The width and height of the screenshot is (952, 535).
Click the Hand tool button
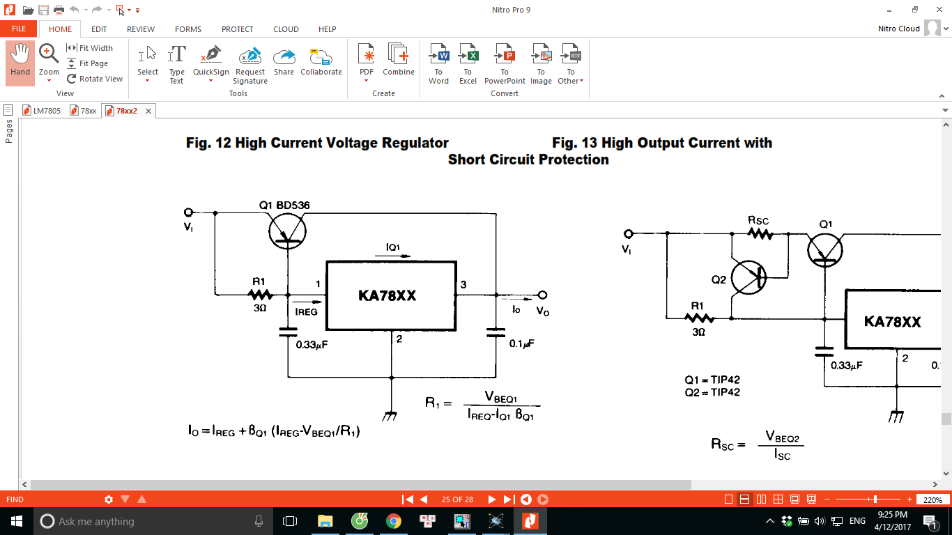[x=20, y=63]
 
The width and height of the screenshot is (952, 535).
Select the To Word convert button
[x=438, y=64]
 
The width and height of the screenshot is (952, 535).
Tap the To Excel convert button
[x=468, y=64]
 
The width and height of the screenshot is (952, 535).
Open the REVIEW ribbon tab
[x=141, y=29]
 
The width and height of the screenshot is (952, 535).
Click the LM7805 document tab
[x=42, y=111]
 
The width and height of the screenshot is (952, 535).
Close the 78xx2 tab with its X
[x=148, y=111]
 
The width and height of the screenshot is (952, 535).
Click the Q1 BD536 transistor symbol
[x=287, y=231]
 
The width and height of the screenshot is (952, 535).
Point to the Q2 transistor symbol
[x=748, y=278]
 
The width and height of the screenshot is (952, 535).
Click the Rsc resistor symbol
[x=760, y=234]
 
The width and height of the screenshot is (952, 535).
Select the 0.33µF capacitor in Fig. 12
[x=288, y=332]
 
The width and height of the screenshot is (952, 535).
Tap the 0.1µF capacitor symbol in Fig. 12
[x=496, y=332]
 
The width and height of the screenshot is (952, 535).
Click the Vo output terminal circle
[x=542, y=295]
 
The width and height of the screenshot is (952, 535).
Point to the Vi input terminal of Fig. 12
[x=188, y=212]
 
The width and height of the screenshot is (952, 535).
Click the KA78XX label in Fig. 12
[x=387, y=295]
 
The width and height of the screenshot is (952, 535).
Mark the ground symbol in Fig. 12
[x=390, y=416]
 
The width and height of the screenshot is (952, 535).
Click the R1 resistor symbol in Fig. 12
[x=260, y=294]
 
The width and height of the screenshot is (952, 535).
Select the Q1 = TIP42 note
[x=712, y=380]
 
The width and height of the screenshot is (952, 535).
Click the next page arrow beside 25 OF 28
[x=492, y=499]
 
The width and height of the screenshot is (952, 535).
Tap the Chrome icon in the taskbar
[x=394, y=521]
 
